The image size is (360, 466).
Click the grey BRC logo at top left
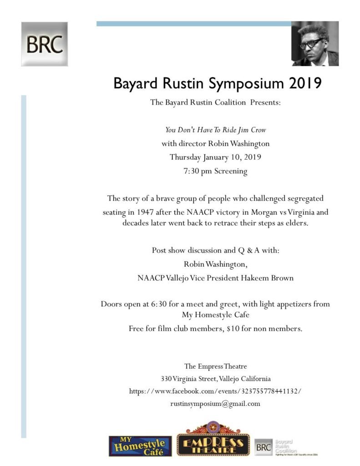point(44,44)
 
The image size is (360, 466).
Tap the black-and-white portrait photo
point(315,44)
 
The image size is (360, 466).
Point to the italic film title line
point(215,130)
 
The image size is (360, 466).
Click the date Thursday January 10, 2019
point(215,157)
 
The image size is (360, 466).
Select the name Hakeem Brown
point(269,278)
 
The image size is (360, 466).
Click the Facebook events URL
point(215,391)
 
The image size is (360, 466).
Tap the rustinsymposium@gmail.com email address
point(215,403)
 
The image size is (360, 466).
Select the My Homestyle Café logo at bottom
point(140,446)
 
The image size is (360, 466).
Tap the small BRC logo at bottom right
point(264,446)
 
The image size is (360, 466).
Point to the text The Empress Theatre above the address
point(215,366)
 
